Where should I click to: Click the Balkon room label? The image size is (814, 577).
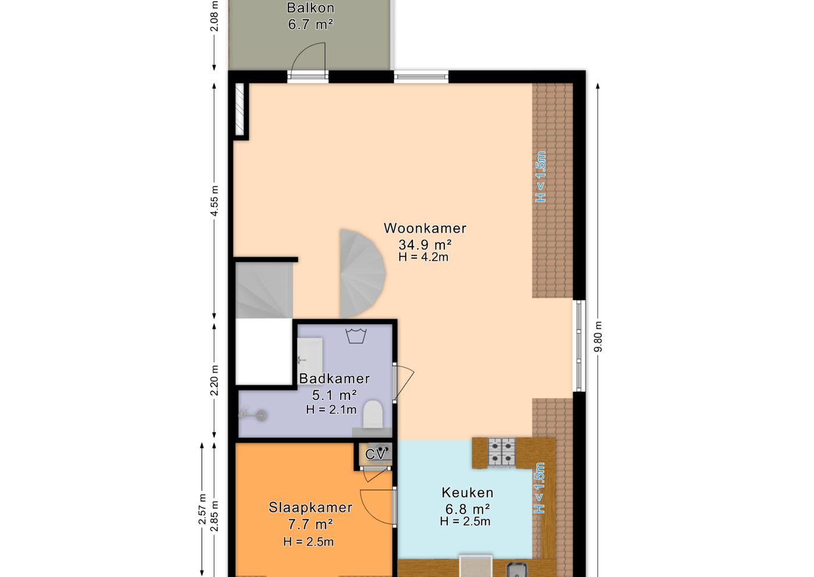click(x=310, y=8)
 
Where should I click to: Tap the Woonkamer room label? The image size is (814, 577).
click(x=424, y=229)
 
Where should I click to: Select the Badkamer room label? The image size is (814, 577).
click(x=334, y=379)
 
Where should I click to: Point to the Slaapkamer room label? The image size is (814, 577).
click(x=310, y=508)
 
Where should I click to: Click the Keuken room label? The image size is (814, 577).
click(x=467, y=493)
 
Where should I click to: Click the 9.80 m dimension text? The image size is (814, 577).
click(x=598, y=337)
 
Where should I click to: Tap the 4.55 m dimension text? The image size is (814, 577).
click(x=215, y=201)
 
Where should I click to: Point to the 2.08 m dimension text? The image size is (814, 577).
click(x=215, y=16)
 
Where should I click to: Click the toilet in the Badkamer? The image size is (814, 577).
click(x=373, y=414)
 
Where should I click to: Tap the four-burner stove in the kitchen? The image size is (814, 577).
click(x=501, y=451)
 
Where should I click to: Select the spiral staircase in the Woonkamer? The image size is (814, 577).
click(x=361, y=273)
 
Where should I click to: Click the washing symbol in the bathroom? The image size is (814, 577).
click(x=356, y=336)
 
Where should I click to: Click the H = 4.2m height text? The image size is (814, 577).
click(x=423, y=257)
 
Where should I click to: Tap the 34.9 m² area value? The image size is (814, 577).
click(x=424, y=245)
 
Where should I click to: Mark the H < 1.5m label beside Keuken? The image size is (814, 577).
click(x=540, y=488)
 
